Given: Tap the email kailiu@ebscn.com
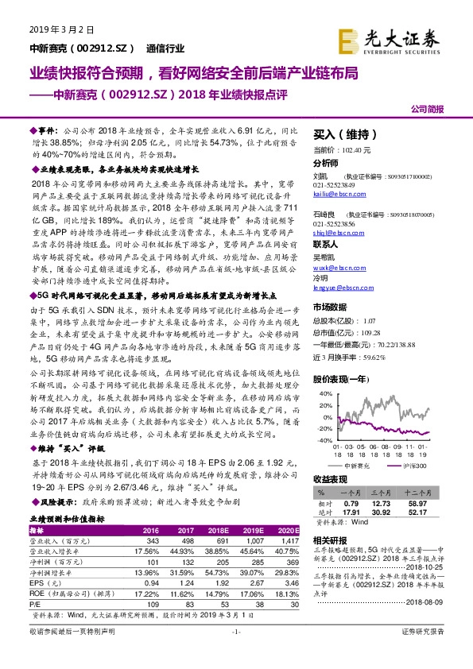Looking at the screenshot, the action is coord(334,193).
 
